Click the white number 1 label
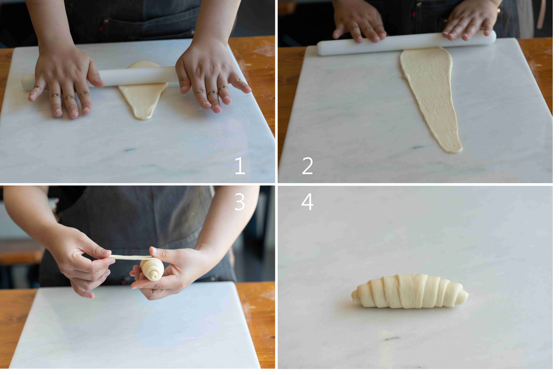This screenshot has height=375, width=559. pos(240,166)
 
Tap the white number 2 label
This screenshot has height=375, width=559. pos(307,166)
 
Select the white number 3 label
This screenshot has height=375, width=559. pos(239,202)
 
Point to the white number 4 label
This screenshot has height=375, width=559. pos(307,202)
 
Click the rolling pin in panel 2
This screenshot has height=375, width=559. pos(407,43)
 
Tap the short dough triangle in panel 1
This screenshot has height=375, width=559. pos(143,91)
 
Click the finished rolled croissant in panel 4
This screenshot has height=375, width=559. pos(410,291)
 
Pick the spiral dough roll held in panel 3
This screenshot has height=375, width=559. pos(152,269)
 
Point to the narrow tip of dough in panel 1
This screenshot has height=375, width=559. pos(143,117)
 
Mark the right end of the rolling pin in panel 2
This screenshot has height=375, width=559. pos(494,37)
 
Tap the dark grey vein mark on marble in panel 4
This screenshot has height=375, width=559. pos(392,338)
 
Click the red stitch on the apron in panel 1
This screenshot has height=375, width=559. pos(101,29)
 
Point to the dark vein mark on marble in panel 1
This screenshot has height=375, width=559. pos(130,150)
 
